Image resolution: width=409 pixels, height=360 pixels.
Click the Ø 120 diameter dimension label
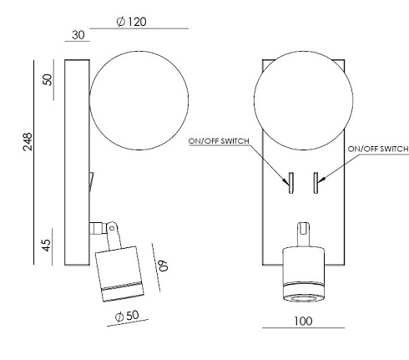coord(132,22)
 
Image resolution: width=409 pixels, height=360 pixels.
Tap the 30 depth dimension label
coord(78,35)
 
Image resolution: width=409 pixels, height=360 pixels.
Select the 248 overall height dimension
coord(28,142)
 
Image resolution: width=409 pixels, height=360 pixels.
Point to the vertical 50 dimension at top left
coord(48,79)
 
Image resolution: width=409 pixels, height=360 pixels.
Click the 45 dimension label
coord(47,246)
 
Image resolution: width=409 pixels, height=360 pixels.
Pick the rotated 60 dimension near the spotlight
coord(163,266)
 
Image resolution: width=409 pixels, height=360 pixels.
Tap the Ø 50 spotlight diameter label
coord(127,316)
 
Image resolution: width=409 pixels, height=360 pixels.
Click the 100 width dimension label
coord(303,322)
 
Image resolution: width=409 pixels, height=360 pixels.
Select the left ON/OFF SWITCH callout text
coord(219,141)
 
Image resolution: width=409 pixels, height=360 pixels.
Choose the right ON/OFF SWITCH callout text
coord(378,149)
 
